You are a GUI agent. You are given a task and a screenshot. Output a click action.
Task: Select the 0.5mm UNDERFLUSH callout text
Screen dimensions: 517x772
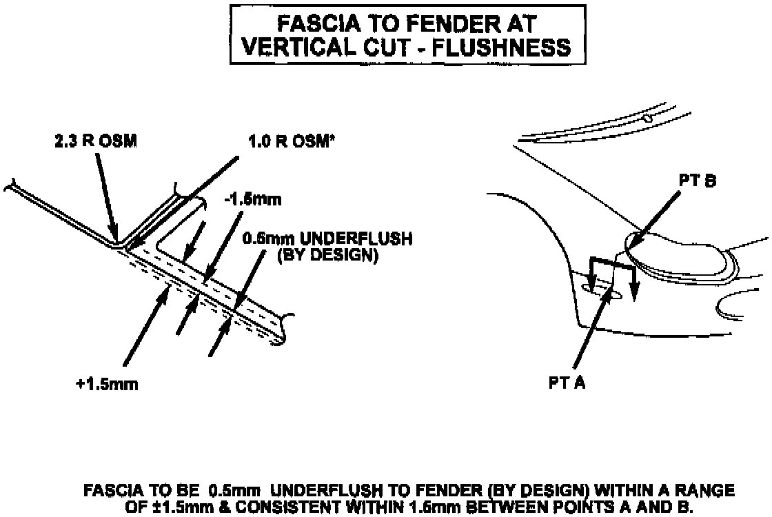point(327,239)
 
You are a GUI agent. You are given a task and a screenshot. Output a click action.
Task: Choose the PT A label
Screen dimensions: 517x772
point(567,383)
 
